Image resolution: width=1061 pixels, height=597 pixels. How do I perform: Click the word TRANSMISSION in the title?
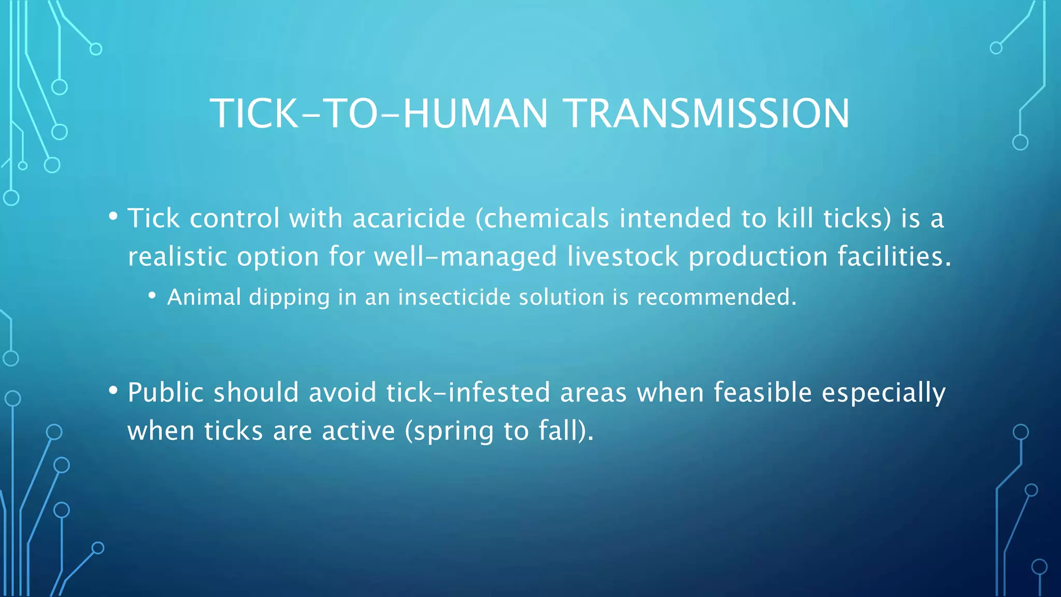click(707, 113)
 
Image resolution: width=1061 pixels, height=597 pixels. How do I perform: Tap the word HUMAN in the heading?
click(475, 113)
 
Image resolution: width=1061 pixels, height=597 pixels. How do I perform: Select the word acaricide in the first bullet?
click(409, 218)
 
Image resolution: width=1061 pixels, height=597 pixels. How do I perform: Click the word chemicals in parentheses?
click(542, 218)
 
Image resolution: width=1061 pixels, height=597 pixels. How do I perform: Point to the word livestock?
click(622, 257)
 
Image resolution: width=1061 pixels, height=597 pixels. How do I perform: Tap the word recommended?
click(716, 297)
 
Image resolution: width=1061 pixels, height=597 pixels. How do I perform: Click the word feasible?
click(763, 392)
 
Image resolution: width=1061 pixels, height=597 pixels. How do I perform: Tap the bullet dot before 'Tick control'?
click(113, 216)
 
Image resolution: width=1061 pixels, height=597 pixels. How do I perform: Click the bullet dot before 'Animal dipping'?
click(152, 296)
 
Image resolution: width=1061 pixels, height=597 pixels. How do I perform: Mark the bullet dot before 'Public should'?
click(113, 390)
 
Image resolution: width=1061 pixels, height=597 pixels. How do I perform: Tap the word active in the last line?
click(358, 432)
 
